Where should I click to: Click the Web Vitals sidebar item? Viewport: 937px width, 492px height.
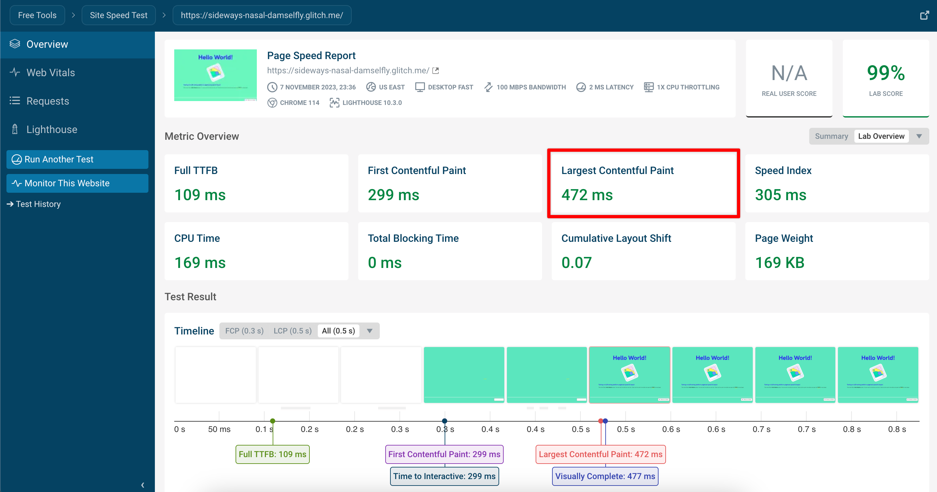[x=51, y=73]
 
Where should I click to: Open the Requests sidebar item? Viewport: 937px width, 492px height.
[x=48, y=101]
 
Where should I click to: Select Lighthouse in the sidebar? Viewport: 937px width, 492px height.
[x=52, y=129]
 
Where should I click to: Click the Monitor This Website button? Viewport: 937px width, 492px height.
[x=77, y=183]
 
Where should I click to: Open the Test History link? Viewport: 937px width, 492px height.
[x=38, y=204]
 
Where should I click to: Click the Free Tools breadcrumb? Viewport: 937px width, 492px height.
[x=37, y=15]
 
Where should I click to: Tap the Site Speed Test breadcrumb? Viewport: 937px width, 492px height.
[x=119, y=15]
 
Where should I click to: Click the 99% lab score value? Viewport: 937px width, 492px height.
[x=885, y=73]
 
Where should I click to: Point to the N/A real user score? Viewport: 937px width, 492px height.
[x=789, y=73]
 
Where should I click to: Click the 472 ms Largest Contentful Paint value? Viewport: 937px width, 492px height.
[x=587, y=195]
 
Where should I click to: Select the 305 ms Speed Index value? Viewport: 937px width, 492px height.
[x=780, y=195]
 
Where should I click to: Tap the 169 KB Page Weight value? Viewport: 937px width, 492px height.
[x=780, y=263]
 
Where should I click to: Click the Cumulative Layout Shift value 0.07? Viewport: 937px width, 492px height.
[x=576, y=263]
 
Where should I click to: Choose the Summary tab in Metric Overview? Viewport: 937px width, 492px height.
[x=831, y=136]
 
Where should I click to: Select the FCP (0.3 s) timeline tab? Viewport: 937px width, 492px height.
[x=244, y=331]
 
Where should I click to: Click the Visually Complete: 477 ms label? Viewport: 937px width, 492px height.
[x=605, y=477]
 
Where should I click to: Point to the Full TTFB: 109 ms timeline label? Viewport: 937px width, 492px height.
[x=272, y=455]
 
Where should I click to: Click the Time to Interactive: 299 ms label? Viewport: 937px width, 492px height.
[x=444, y=477]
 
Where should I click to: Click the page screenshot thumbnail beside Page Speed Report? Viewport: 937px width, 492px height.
[x=215, y=75]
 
